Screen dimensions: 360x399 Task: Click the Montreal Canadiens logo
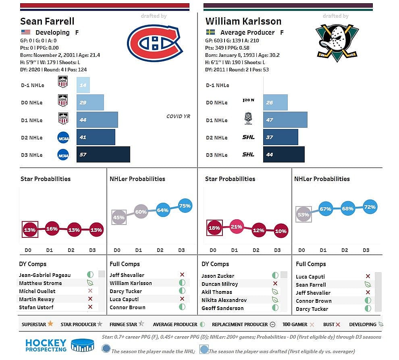point(155,43)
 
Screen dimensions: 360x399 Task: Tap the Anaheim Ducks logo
point(337,43)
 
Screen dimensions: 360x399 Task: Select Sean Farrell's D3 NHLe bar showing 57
point(103,154)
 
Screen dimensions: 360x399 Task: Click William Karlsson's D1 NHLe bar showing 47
point(285,120)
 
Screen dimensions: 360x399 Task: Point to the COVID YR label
point(178,117)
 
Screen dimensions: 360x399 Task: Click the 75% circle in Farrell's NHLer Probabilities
point(185,206)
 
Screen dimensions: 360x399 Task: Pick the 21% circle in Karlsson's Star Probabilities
point(236,227)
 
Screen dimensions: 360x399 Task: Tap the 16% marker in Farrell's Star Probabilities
point(52,229)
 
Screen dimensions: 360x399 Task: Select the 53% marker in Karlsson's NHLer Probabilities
point(303,214)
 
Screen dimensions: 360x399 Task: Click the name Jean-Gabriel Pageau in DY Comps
point(45,275)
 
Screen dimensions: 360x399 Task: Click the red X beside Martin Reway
point(90,299)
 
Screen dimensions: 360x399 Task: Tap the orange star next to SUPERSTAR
point(50,324)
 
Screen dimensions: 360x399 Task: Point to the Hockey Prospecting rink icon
point(82,345)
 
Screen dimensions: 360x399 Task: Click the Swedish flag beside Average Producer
point(210,32)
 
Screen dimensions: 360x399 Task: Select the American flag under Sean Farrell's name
point(25,32)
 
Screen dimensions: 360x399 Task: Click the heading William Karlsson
point(243,21)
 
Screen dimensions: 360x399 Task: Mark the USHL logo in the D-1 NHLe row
point(63,82)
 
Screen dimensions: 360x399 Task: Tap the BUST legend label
point(328,325)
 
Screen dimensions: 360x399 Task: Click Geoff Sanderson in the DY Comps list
point(222,308)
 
